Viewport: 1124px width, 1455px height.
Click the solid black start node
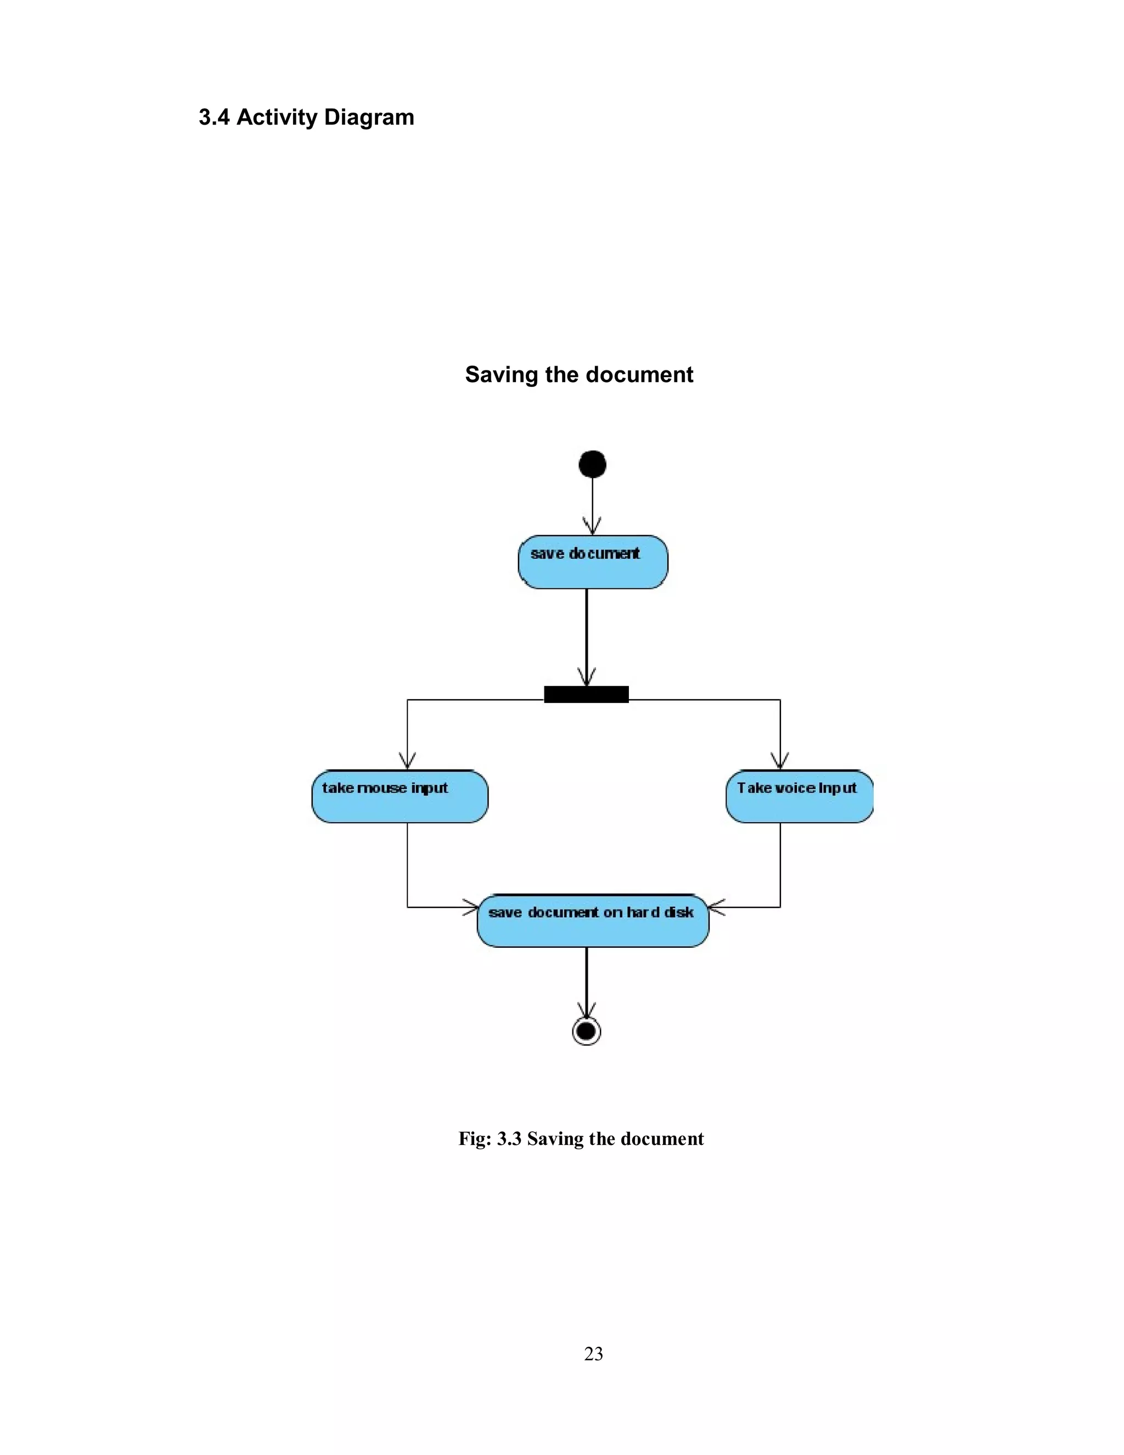(592, 464)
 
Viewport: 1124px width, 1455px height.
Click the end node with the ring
(586, 1031)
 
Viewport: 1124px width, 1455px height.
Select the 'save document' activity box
(592, 561)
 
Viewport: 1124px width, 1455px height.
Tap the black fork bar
(586, 694)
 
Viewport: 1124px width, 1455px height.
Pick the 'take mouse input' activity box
(400, 796)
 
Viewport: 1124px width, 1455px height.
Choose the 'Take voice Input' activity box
(799, 796)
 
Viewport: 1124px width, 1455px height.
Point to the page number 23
(593, 1353)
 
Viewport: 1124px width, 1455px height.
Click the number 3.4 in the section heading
(214, 117)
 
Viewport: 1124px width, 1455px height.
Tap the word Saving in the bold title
(501, 375)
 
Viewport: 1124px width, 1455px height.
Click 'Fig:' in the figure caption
(474, 1138)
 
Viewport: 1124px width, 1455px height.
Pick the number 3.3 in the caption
(509, 1138)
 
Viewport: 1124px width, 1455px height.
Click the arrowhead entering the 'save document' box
(592, 526)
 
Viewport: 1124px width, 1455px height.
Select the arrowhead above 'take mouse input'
(407, 761)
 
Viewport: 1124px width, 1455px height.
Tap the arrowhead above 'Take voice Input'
(779, 761)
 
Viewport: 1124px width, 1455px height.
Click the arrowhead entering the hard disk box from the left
(471, 907)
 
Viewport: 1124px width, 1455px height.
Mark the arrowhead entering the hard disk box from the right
(716, 907)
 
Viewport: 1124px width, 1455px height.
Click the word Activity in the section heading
(277, 117)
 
